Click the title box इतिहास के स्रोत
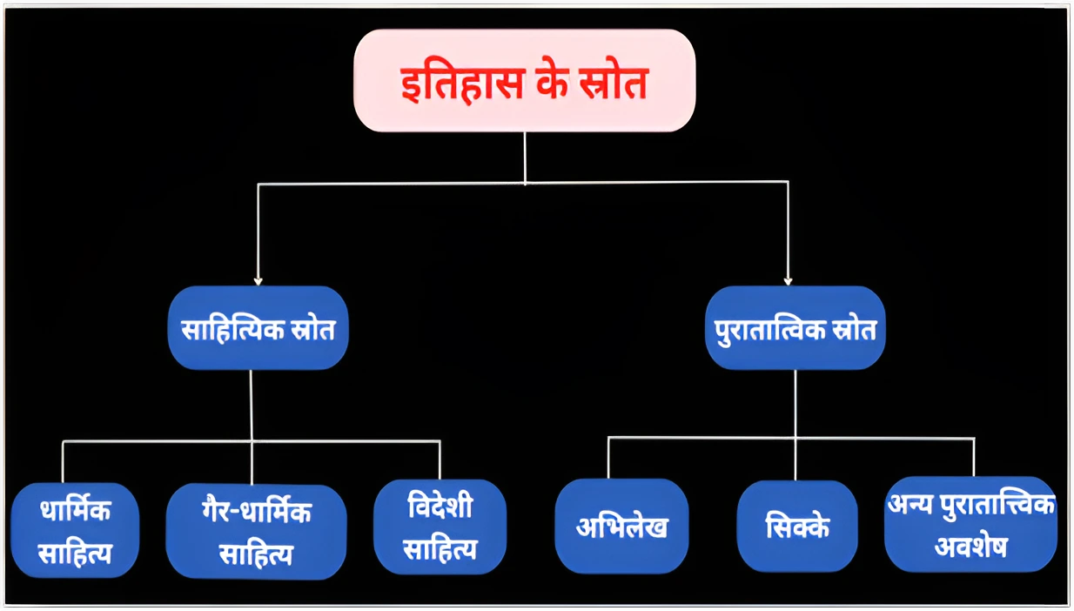tap(524, 80)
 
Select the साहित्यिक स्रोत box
tap(258, 328)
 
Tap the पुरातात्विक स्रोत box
tap(795, 328)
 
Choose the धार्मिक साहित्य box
tap(76, 530)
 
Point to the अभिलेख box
tap(621, 527)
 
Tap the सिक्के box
tap(797, 527)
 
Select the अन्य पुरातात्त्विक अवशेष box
tap(970, 525)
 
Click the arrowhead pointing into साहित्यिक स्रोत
tap(258, 280)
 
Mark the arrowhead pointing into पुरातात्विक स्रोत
tap(788, 280)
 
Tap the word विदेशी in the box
tap(440, 507)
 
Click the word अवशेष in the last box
tap(970, 547)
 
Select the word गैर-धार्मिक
tap(256, 513)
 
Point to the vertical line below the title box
tap(525, 157)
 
